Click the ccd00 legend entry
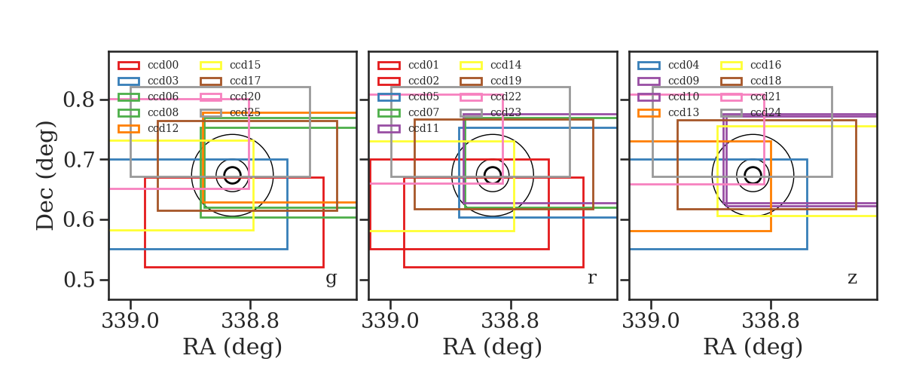click(148, 65)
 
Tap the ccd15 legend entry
click(230, 65)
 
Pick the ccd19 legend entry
click(490, 81)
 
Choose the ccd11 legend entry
click(408, 128)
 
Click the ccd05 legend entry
click(408, 97)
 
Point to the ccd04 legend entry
click(668, 65)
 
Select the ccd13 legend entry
click(668, 112)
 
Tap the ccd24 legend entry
click(750, 112)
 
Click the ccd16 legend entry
click(750, 65)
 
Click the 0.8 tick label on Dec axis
click(78, 100)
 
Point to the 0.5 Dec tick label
click(78, 280)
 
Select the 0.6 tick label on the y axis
click(78, 220)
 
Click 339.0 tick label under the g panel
click(130, 321)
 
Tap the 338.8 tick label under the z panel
click(771, 321)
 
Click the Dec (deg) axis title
click(44, 176)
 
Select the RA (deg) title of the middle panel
click(493, 347)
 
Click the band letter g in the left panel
click(331, 278)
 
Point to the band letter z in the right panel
click(852, 278)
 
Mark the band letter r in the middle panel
click(591, 278)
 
